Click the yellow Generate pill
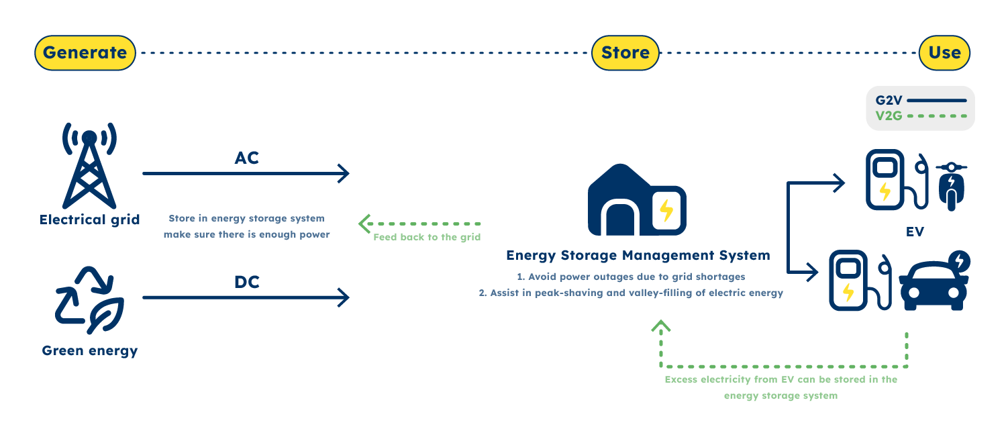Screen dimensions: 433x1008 pyautogui.click(x=85, y=53)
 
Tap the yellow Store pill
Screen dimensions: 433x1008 pyautogui.click(x=625, y=53)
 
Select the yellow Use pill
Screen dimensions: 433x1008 pyautogui.click(x=944, y=53)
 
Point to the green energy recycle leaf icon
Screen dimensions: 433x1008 pyautogui.click(x=89, y=301)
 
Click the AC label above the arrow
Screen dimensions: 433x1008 pyautogui.click(x=246, y=158)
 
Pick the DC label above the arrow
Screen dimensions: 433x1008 pyautogui.click(x=246, y=282)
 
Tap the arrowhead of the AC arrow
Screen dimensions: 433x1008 pyautogui.click(x=343, y=174)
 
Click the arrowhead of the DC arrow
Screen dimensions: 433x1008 pyautogui.click(x=343, y=297)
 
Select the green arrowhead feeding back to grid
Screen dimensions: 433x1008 pyautogui.click(x=365, y=224)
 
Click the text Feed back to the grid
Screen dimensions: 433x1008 pyautogui.click(x=427, y=238)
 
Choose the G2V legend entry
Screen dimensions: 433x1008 pyautogui.click(x=919, y=101)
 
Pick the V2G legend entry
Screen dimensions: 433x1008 pyautogui.click(x=919, y=115)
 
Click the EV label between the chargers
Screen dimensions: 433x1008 pyautogui.click(x=914, y=232)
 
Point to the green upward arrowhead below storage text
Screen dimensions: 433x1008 pyautogui.click(x=661, y=327)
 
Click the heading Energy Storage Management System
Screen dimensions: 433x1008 pyautogui.click(x=638, y=256)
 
